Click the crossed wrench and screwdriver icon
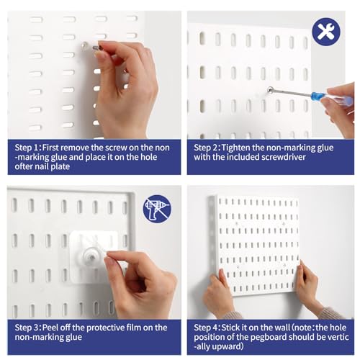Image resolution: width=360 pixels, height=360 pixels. [326, 32]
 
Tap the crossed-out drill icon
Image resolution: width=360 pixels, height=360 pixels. [157, 209]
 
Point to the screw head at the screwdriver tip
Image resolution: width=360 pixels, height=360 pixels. [270, 90]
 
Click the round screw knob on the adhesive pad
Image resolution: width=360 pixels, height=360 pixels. [92, 258]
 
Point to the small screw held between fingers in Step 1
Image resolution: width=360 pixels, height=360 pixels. [98, 48]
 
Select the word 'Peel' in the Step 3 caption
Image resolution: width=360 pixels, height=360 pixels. [50, 328]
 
